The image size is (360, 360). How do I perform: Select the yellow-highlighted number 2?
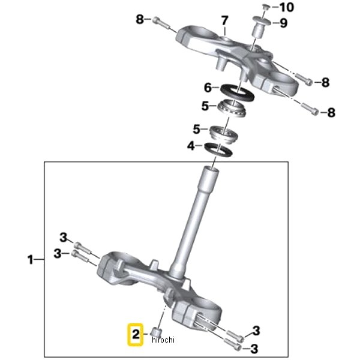(136, 334)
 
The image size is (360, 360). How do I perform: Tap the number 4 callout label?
(191, 146)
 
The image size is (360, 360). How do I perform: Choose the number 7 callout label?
(224, 22)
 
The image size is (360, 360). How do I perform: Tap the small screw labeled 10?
(265, 7)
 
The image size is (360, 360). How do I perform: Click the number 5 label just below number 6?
(205, 106)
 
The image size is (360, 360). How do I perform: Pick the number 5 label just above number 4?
(196, 128)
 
